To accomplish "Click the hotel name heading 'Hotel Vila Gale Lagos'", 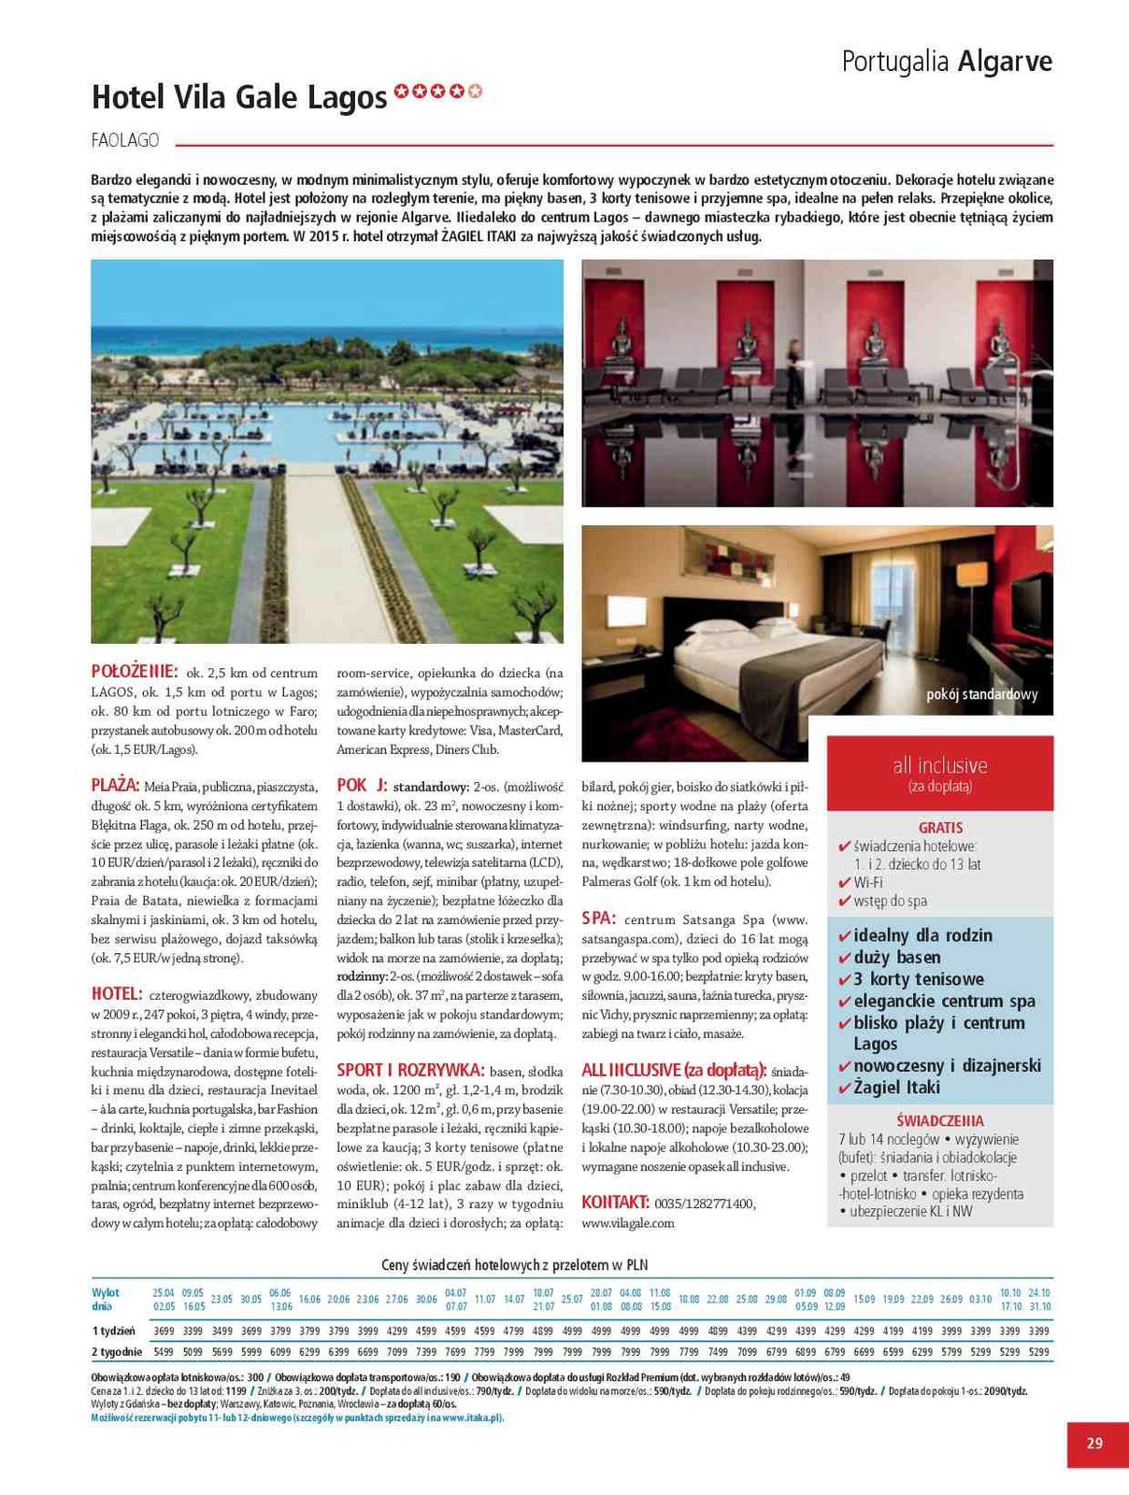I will pyautogui.click(x=239, y=97).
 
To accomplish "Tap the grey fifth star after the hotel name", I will pyautogui.click(x=476, y=92).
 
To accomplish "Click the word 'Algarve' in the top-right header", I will pyautogui.click(x=1004, y=62).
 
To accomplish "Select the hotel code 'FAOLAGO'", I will pyautogui.click(x=125, y=141).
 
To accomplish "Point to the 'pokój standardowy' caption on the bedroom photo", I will pyautogui.click(x=981, y=694).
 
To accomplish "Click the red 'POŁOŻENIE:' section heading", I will pyautogui.click(x=135, y=671).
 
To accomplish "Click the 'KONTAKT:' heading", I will pyautogui.click(x=615, y=1202).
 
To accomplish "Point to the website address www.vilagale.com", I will pyautogui.click(x=627, y=1222).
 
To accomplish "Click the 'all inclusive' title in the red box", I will pyautogui.click(x=939, y=765).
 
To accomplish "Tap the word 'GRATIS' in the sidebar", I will pyautogui.click(x=940, y=828).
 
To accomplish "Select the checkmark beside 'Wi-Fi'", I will pyautogui.click(x=845, y=883).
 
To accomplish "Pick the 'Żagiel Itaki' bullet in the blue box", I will pyautogui.click(x=896, y=1088).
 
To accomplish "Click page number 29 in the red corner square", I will pyautogui.click(x=1094, y=1443).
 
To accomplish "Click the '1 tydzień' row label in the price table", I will pyautogui.click(x=113, y=1331).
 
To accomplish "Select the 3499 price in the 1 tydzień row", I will pyautogui.click(x=222, y=1331).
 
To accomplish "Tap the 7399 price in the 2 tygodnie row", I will pyautogui.click(x=426, y=1352).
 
